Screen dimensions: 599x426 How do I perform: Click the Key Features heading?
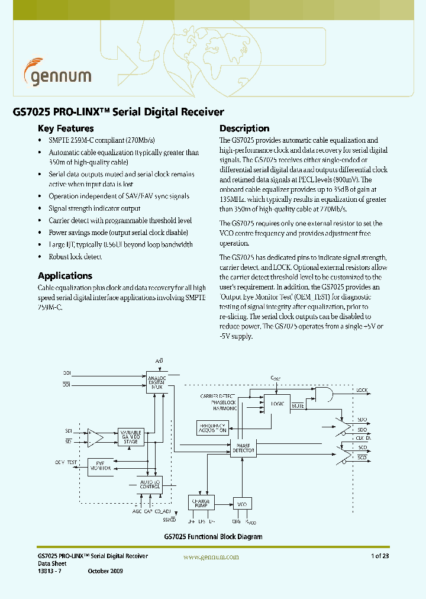click(66, 128)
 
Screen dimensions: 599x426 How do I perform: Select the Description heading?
click(244, 128)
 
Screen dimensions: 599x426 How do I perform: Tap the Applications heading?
click(65, 276)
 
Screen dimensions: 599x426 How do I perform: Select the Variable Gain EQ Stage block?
click(131, 437)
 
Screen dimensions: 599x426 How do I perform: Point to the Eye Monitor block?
click(101, 466)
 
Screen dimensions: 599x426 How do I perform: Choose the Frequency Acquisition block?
click(212, 428)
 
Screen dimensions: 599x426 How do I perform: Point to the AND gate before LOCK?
click(323, 392)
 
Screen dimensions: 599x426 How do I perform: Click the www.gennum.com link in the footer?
click(211, 557)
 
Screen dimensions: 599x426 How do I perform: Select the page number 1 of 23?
click(380, 556)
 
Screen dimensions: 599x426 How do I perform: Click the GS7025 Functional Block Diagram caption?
click(213, 537)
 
